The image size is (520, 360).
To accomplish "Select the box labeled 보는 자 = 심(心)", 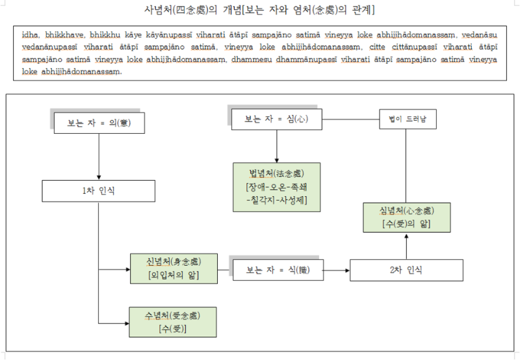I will tap(277, 120).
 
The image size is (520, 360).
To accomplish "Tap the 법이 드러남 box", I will tap(408, 120).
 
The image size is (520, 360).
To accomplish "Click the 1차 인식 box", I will tap(98, 191).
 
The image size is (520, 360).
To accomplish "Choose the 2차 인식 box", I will tap(406, 270).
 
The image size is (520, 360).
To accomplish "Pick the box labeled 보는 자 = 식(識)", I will tap(277, 270).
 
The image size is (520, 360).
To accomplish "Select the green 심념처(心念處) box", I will tap(407, 217).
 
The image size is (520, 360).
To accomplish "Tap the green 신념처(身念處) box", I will tap(173, 268).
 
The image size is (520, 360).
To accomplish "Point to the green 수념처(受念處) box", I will tap(172, 322).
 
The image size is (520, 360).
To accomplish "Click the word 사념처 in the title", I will tap(161, 10).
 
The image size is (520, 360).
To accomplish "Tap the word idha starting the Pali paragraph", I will tap(30, 36).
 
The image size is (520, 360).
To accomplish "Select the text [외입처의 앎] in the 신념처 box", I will tap(173, 275).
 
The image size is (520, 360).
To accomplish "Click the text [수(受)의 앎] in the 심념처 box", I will tap(407, 224).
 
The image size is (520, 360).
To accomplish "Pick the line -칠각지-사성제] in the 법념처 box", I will tap(277, 199).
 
